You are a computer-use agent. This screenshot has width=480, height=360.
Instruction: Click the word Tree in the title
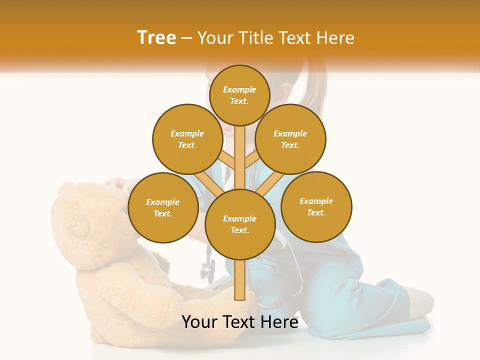coord(156,37)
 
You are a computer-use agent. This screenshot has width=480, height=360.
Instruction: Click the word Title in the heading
coord(256,38)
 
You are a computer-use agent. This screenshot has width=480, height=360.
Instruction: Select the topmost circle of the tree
coord(239,95)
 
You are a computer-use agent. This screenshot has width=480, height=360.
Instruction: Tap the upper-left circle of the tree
coord(187,139)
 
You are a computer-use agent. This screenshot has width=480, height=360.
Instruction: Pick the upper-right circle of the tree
coord(290,139)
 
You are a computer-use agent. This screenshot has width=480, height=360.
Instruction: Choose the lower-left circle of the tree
coord(163,207)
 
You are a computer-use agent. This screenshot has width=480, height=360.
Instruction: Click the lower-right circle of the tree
coord(316,206)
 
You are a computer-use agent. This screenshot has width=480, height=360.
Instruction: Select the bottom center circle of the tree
coord(240,224)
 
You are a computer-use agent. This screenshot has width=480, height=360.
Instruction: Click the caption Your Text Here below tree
coord(240,322)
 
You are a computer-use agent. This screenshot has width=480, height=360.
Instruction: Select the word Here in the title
coord(336,38)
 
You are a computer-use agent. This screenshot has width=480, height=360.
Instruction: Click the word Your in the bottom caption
coord(198,322)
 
